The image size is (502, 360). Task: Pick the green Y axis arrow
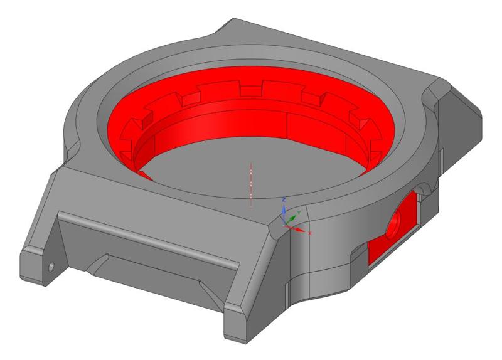coord(292,219)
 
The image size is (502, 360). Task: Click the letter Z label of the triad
coord(284,199)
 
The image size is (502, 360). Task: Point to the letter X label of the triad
coord(310,233)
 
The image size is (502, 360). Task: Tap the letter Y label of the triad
coord(300,213)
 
